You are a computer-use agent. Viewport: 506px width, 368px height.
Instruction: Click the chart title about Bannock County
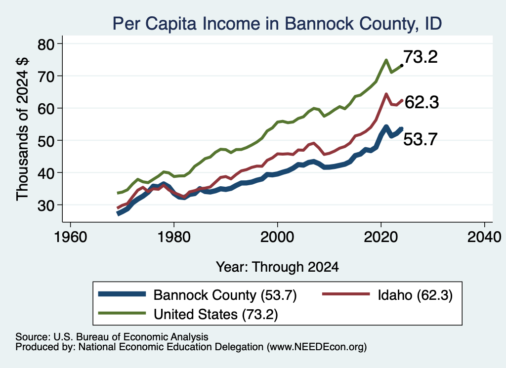coord(277,24)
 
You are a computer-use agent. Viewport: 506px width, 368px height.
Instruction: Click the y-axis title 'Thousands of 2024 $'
coord(22,129)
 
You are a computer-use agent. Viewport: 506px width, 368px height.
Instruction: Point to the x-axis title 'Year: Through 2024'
coord(277,267)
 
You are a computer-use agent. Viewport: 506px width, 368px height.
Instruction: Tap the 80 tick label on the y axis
coord(46,44)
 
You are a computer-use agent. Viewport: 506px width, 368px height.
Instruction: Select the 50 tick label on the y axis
coord(46,141)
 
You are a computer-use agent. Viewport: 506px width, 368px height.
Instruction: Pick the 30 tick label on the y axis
coord(46,205)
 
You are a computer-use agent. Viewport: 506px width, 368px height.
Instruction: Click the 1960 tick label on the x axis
coord(70,238)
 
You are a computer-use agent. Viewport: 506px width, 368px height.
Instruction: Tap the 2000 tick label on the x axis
coord(277,238)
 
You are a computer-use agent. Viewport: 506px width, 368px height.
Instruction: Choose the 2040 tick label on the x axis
coord(484,238)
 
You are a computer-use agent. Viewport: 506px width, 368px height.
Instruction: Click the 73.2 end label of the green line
coord(421,57)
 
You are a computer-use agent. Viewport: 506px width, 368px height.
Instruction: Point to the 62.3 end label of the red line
coord(422,103)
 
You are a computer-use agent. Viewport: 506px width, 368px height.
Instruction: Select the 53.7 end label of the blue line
coord(420,140)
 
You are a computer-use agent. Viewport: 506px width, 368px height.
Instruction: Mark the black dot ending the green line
coord(401,66)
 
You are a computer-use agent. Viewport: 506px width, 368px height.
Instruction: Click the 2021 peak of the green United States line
coord(386,60)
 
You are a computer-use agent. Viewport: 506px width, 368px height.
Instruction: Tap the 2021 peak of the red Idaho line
coord(386,94)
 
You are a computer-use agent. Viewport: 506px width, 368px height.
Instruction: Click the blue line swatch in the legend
coord(122,294)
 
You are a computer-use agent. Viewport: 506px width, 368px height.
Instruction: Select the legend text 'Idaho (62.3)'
coord(415,295)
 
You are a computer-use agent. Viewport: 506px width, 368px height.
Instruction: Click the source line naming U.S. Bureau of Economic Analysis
coord(112,337)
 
